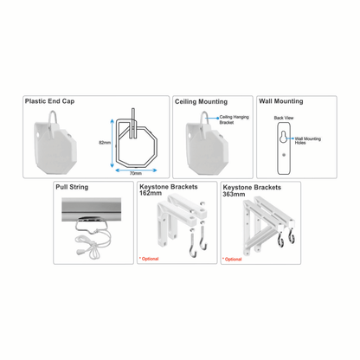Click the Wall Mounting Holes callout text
point(307,140)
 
